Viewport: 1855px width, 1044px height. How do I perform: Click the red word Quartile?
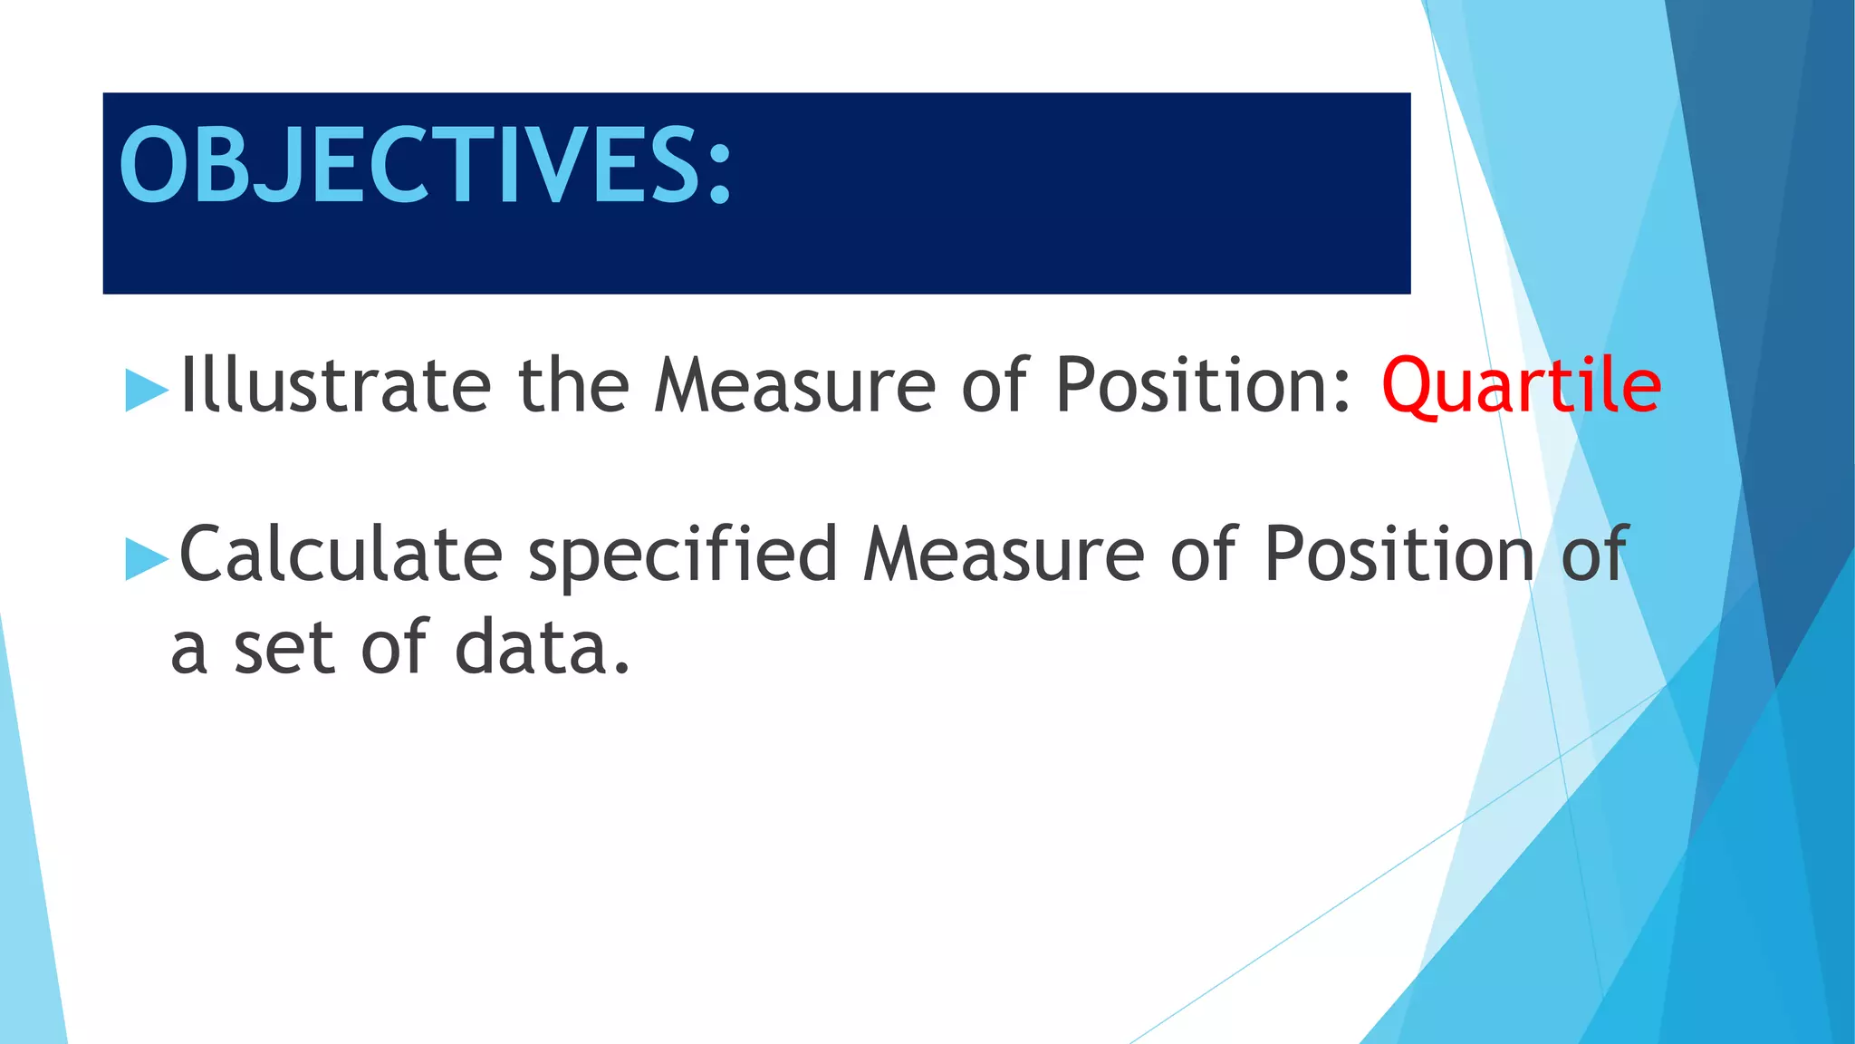tap(1521, 387)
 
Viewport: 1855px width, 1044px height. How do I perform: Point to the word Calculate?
tap(341, 554)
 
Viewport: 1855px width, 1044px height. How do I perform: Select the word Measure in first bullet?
tap(794, 387)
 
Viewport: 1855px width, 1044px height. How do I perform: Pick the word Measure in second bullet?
tap(1004, 554)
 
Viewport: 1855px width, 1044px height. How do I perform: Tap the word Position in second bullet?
tap(1398, 554)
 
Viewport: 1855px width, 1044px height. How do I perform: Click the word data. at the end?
tap(542, 648)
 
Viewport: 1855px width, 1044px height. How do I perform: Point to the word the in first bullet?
tap(572, 385)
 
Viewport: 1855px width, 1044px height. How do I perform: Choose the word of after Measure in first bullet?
tap(995, 385)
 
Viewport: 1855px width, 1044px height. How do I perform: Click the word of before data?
tap(393, 648)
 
